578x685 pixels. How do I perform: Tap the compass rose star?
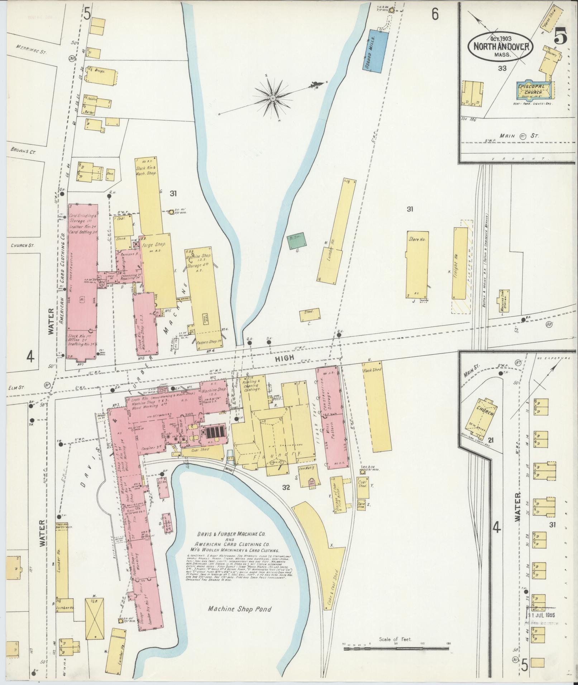pos(273,97)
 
